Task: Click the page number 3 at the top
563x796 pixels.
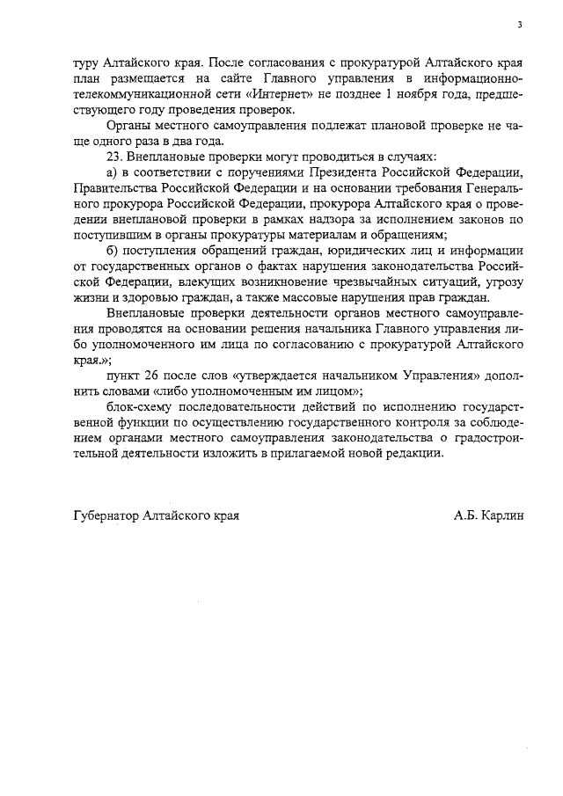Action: click(x=520, y=25)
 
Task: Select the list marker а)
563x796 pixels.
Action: click(x=113, y=172)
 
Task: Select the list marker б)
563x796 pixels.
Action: click(x=113, y=250)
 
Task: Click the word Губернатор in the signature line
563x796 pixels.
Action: click(x=105, y=515)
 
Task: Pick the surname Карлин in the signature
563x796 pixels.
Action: click(x=502, y=515)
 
